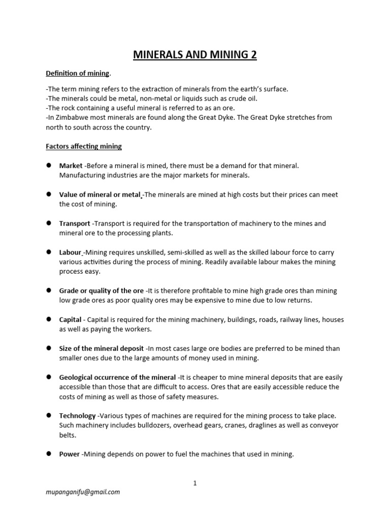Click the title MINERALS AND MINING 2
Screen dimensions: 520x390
(x=195, y=55)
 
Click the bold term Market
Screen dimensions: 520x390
(x=71, y=166)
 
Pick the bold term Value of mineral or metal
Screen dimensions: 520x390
(x=100, y=195)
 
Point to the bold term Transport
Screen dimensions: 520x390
(x=75, y=223)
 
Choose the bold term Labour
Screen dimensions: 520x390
(x=71, y=252)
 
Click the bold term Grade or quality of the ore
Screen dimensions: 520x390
(x=102, y=291)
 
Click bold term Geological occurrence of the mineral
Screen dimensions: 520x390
(x=117, y=378)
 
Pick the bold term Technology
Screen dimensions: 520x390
(x=77, y=416)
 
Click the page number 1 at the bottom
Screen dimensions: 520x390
(x=194, y=483)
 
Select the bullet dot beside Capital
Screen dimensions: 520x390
(x=49, y=319)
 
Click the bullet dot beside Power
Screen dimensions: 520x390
(x=49, y=454)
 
